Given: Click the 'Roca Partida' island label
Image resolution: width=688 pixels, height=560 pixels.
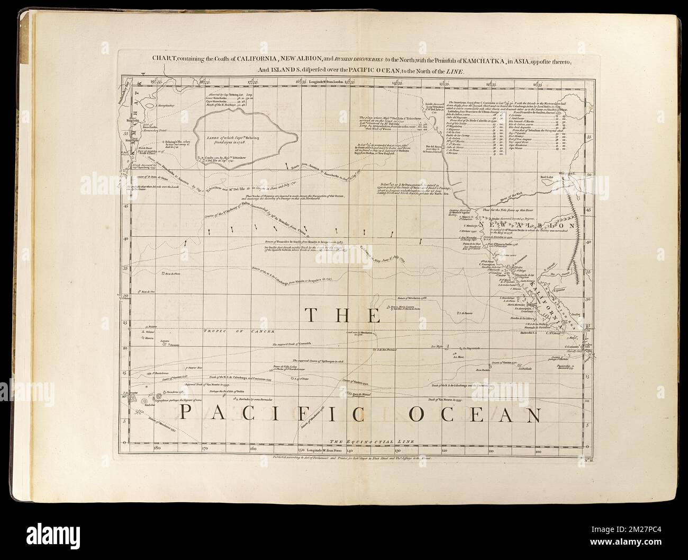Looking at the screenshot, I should (483, 370).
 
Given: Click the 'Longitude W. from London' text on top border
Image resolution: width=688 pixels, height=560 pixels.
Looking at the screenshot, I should (323, 83).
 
